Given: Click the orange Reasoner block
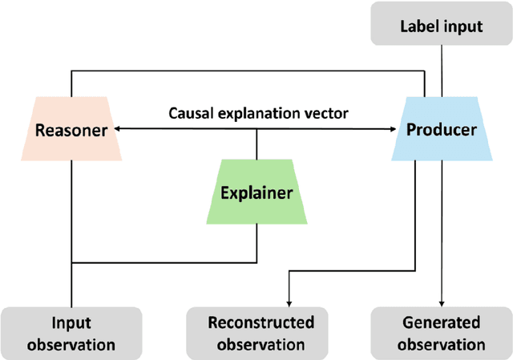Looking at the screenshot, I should [x=71, y=129].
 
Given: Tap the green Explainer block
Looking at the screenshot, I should [x=256, y=192].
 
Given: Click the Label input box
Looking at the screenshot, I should [x=442, y=26].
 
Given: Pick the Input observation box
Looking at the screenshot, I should [x=71, y=333].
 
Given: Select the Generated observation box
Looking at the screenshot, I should [x=442, y=333].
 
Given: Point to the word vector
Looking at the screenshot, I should [x=325, y=113].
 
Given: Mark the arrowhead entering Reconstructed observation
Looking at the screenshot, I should [x=289, y=303].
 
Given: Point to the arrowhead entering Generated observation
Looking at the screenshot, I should [x=442, y=303].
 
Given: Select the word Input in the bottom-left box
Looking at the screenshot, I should [x=71, y=323].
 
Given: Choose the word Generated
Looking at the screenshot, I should [x=442, y=323].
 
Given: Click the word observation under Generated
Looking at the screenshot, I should [x=442, y=344].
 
